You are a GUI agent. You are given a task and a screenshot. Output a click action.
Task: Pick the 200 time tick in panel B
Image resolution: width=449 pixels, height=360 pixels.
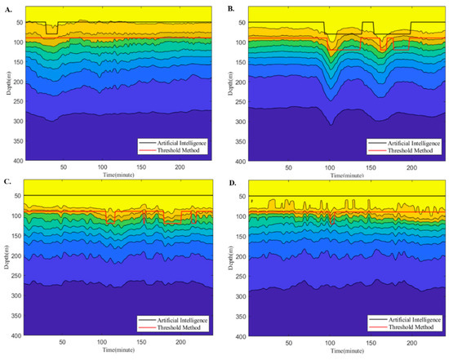tap(410, 167)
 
